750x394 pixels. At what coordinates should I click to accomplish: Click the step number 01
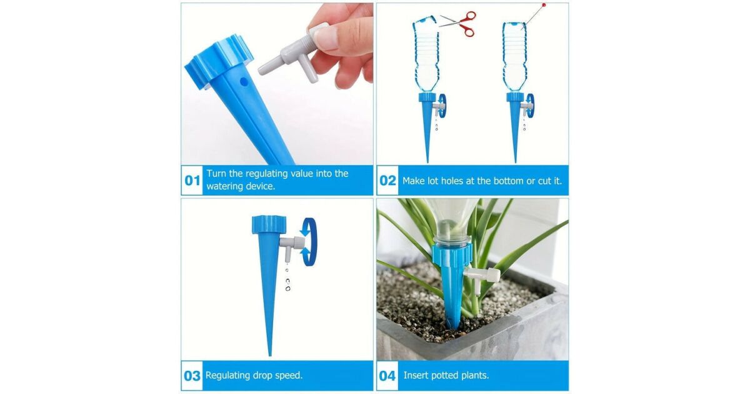pos(192,181)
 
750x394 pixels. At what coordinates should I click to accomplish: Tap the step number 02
pos(387,181)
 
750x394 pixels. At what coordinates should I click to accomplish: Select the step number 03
pos(192,376)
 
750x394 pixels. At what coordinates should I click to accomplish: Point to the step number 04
pos(387,376)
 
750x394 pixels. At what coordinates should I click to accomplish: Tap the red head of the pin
pos(544,5)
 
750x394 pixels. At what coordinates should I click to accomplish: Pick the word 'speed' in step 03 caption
pos(288,376)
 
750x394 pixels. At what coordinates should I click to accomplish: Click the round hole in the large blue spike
pos(244,81)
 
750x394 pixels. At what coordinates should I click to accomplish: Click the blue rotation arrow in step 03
pos(309,242)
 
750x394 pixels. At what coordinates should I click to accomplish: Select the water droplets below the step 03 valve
pos(287,279)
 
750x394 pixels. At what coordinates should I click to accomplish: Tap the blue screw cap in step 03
pos(269,225)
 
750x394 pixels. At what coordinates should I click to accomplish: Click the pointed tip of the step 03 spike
pos(270,355)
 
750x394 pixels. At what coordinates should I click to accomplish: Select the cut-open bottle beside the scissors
pos(426,54)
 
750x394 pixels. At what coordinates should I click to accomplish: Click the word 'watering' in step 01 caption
pos(225,186)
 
